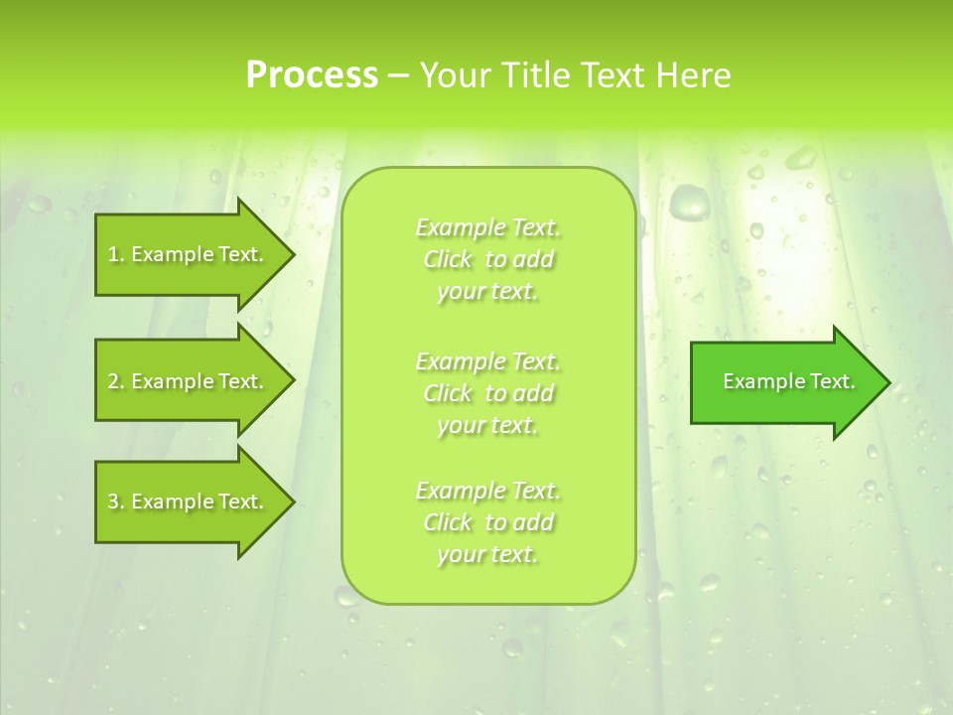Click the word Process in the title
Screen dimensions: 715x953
312,75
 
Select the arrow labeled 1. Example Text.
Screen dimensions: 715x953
189,254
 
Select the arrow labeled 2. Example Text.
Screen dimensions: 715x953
189,381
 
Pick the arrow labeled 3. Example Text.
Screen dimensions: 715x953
189,501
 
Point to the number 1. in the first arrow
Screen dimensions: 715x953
115,254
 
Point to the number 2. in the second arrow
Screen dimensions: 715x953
115,381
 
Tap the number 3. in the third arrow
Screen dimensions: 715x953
115,501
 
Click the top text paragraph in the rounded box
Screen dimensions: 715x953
488,259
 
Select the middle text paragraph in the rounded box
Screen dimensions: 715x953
488,393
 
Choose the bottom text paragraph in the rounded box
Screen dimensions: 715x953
488,522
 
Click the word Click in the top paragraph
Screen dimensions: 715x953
448,259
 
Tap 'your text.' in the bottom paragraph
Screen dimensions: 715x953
487,554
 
